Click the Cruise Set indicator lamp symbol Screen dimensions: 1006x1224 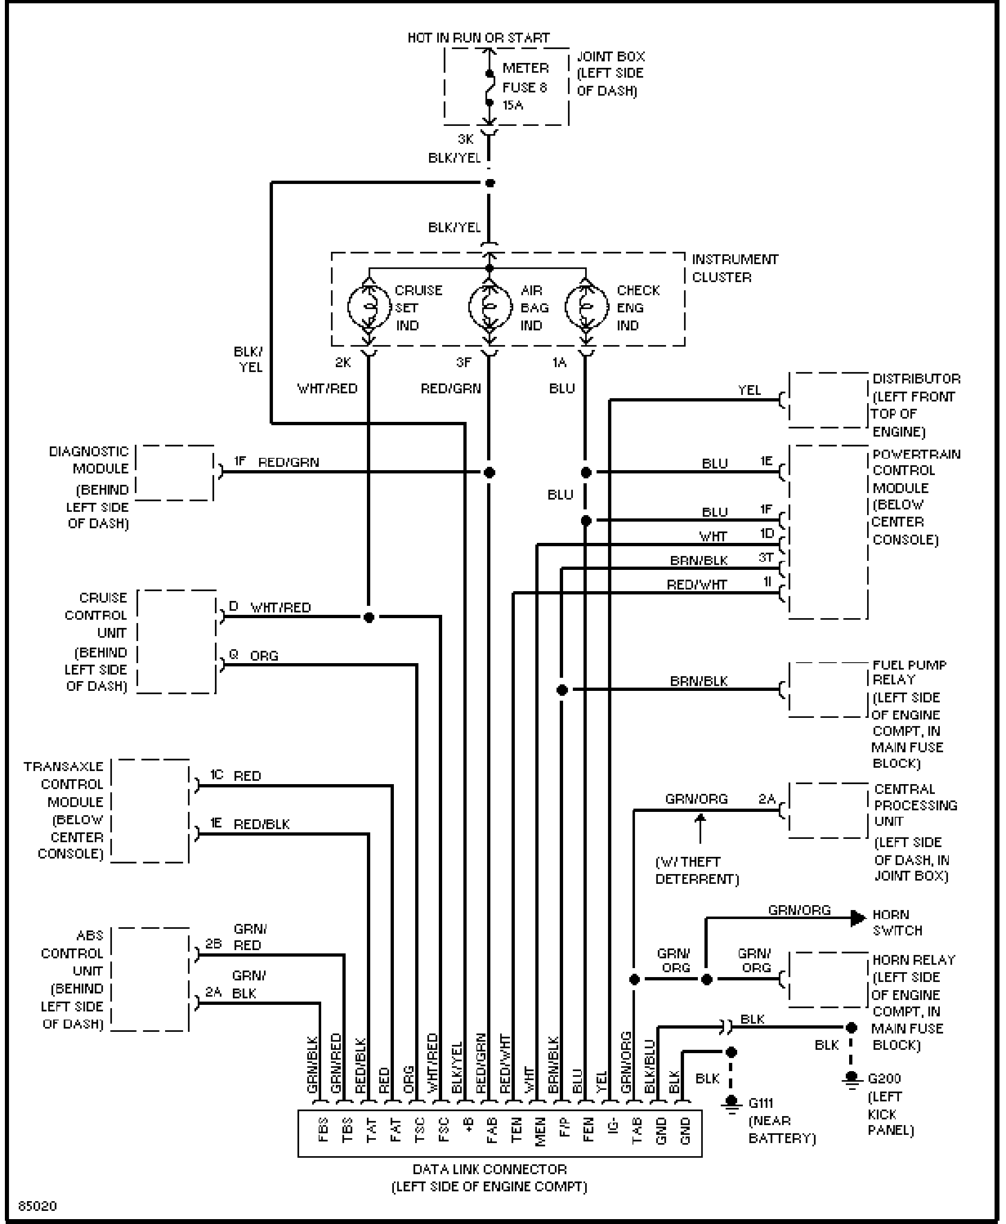tap(369, 307)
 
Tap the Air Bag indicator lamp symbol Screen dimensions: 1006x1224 tap(490, 307)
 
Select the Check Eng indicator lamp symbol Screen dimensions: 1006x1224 tap(587, 307)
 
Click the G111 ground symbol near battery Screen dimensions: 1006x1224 tap(731, 1103)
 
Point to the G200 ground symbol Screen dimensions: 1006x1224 tap(851, 1079)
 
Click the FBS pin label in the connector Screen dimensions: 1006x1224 tap(323, 1130)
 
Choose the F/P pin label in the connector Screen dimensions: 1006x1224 tap(565, 1128)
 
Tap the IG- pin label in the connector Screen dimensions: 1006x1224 tap(613, 1128)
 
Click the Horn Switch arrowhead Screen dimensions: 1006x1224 tap(858, 918)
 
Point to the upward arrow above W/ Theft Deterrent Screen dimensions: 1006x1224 tap(700, 828)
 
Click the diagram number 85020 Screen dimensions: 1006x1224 tap(38, 1206)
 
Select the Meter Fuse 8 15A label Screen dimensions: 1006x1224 tap(525, 87)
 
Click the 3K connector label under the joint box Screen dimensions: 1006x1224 tap(465, 139)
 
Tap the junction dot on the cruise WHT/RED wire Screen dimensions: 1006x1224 tap(369, 617)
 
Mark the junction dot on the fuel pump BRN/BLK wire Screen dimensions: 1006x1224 tap(562, 690)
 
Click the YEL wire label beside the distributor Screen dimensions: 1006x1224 tap(749, 390)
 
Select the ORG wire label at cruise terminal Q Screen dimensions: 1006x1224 tap(264, 656)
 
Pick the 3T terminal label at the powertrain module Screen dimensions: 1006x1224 tap(766, 558)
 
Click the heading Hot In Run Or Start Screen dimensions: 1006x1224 tap(478, 38)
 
